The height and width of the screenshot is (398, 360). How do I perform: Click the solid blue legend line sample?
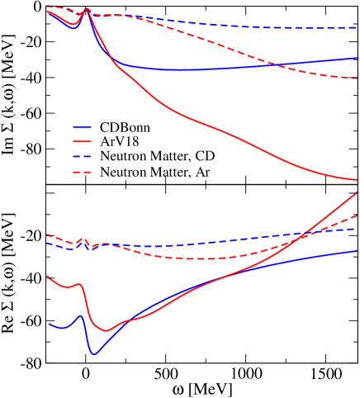(82, 127)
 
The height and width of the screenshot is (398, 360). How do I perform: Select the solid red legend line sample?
(82, 142)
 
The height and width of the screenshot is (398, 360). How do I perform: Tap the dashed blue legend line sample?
(82, 157)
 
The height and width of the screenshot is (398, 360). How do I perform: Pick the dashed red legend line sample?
(82, 172)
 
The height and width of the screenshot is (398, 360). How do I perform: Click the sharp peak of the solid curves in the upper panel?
(87, 10)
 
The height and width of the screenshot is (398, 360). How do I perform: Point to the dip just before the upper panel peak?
(73, 27)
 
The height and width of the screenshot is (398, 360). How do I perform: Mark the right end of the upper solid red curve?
(357, 179)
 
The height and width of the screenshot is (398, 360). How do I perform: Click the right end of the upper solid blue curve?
(357, 58)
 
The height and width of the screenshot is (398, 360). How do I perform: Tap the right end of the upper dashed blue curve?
(357, 27)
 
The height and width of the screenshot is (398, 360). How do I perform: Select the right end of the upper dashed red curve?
(357, 78)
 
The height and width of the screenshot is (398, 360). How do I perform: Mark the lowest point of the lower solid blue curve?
(95, 354)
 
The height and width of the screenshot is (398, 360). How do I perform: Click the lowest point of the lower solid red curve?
(105, 330)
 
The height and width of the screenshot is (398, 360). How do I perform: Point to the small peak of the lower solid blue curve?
(80, 315)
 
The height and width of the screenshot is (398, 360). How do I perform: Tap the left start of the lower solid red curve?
(47, 277)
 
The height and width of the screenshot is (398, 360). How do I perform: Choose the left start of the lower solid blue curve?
(48, 324)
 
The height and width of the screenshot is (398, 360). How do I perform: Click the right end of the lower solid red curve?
(357, 192)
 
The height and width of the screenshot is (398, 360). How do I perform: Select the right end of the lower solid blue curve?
(357, 250)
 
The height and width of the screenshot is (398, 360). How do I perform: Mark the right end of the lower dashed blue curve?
(357, 229)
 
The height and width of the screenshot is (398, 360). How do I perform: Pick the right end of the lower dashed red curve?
(357, 216)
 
